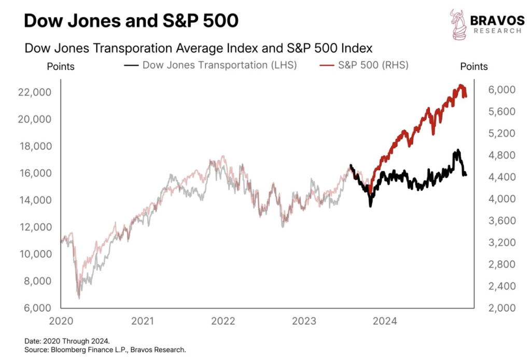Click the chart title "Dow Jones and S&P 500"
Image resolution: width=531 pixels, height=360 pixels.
point(131,21)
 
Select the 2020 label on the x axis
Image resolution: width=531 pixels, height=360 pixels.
point(61,321)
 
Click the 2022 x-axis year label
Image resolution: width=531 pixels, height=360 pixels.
point(223,321)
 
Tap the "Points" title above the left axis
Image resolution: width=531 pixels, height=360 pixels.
point(61,66)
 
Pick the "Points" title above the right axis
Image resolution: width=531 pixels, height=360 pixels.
point(473,66)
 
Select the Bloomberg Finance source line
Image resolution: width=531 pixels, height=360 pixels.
point(105,350)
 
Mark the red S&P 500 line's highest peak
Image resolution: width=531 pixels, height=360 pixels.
point(460,86)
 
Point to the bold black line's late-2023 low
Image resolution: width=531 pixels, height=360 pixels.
point(370,205)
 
